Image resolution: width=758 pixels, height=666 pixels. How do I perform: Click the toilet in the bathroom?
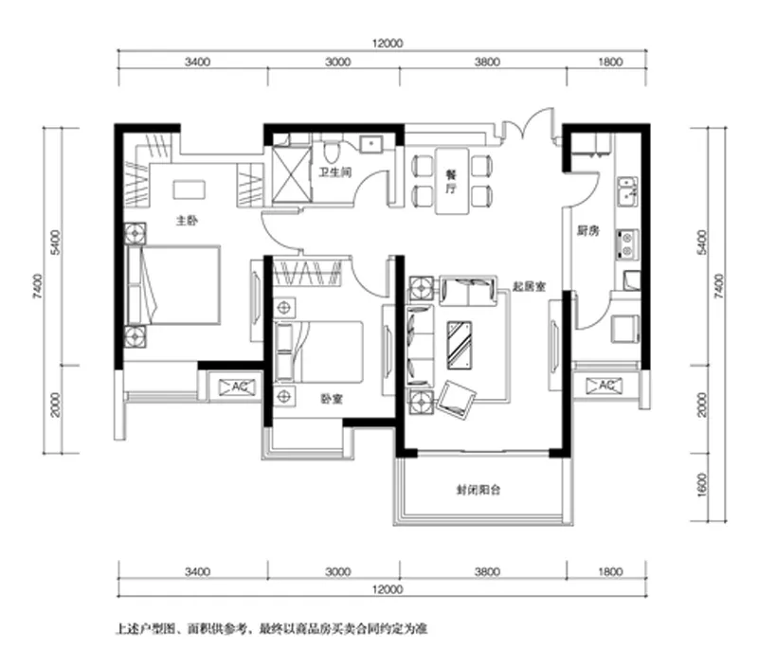(331, 152)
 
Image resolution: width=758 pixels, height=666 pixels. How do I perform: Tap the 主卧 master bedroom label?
(187, 221)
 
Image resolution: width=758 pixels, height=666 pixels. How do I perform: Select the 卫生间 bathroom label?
(335, 172)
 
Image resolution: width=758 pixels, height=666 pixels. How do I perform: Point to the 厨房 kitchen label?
(587, 231)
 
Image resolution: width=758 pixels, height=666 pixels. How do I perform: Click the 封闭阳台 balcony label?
(478, 490)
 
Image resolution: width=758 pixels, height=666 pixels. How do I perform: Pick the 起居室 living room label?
(529, 287)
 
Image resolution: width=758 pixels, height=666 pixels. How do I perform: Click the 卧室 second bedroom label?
(332, 399)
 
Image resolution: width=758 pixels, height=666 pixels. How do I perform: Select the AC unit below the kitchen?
(604, 386)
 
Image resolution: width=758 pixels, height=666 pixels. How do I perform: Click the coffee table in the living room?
(460, 345)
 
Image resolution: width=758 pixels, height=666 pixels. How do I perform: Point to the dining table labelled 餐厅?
(452, 181)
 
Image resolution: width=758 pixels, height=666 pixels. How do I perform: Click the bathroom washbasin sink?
(370, 144)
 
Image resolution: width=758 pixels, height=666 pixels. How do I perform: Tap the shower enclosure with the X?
(292, 174)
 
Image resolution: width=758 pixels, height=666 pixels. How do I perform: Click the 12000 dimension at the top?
(388, 44)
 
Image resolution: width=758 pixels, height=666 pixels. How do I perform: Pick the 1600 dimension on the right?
(702, 484)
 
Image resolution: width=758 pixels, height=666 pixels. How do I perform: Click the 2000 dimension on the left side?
(56, 405)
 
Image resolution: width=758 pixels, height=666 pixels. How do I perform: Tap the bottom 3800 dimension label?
(487, 572)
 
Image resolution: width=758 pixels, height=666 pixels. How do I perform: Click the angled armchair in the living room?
(456, 400)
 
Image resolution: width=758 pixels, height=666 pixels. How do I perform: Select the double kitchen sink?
(627, 192)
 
